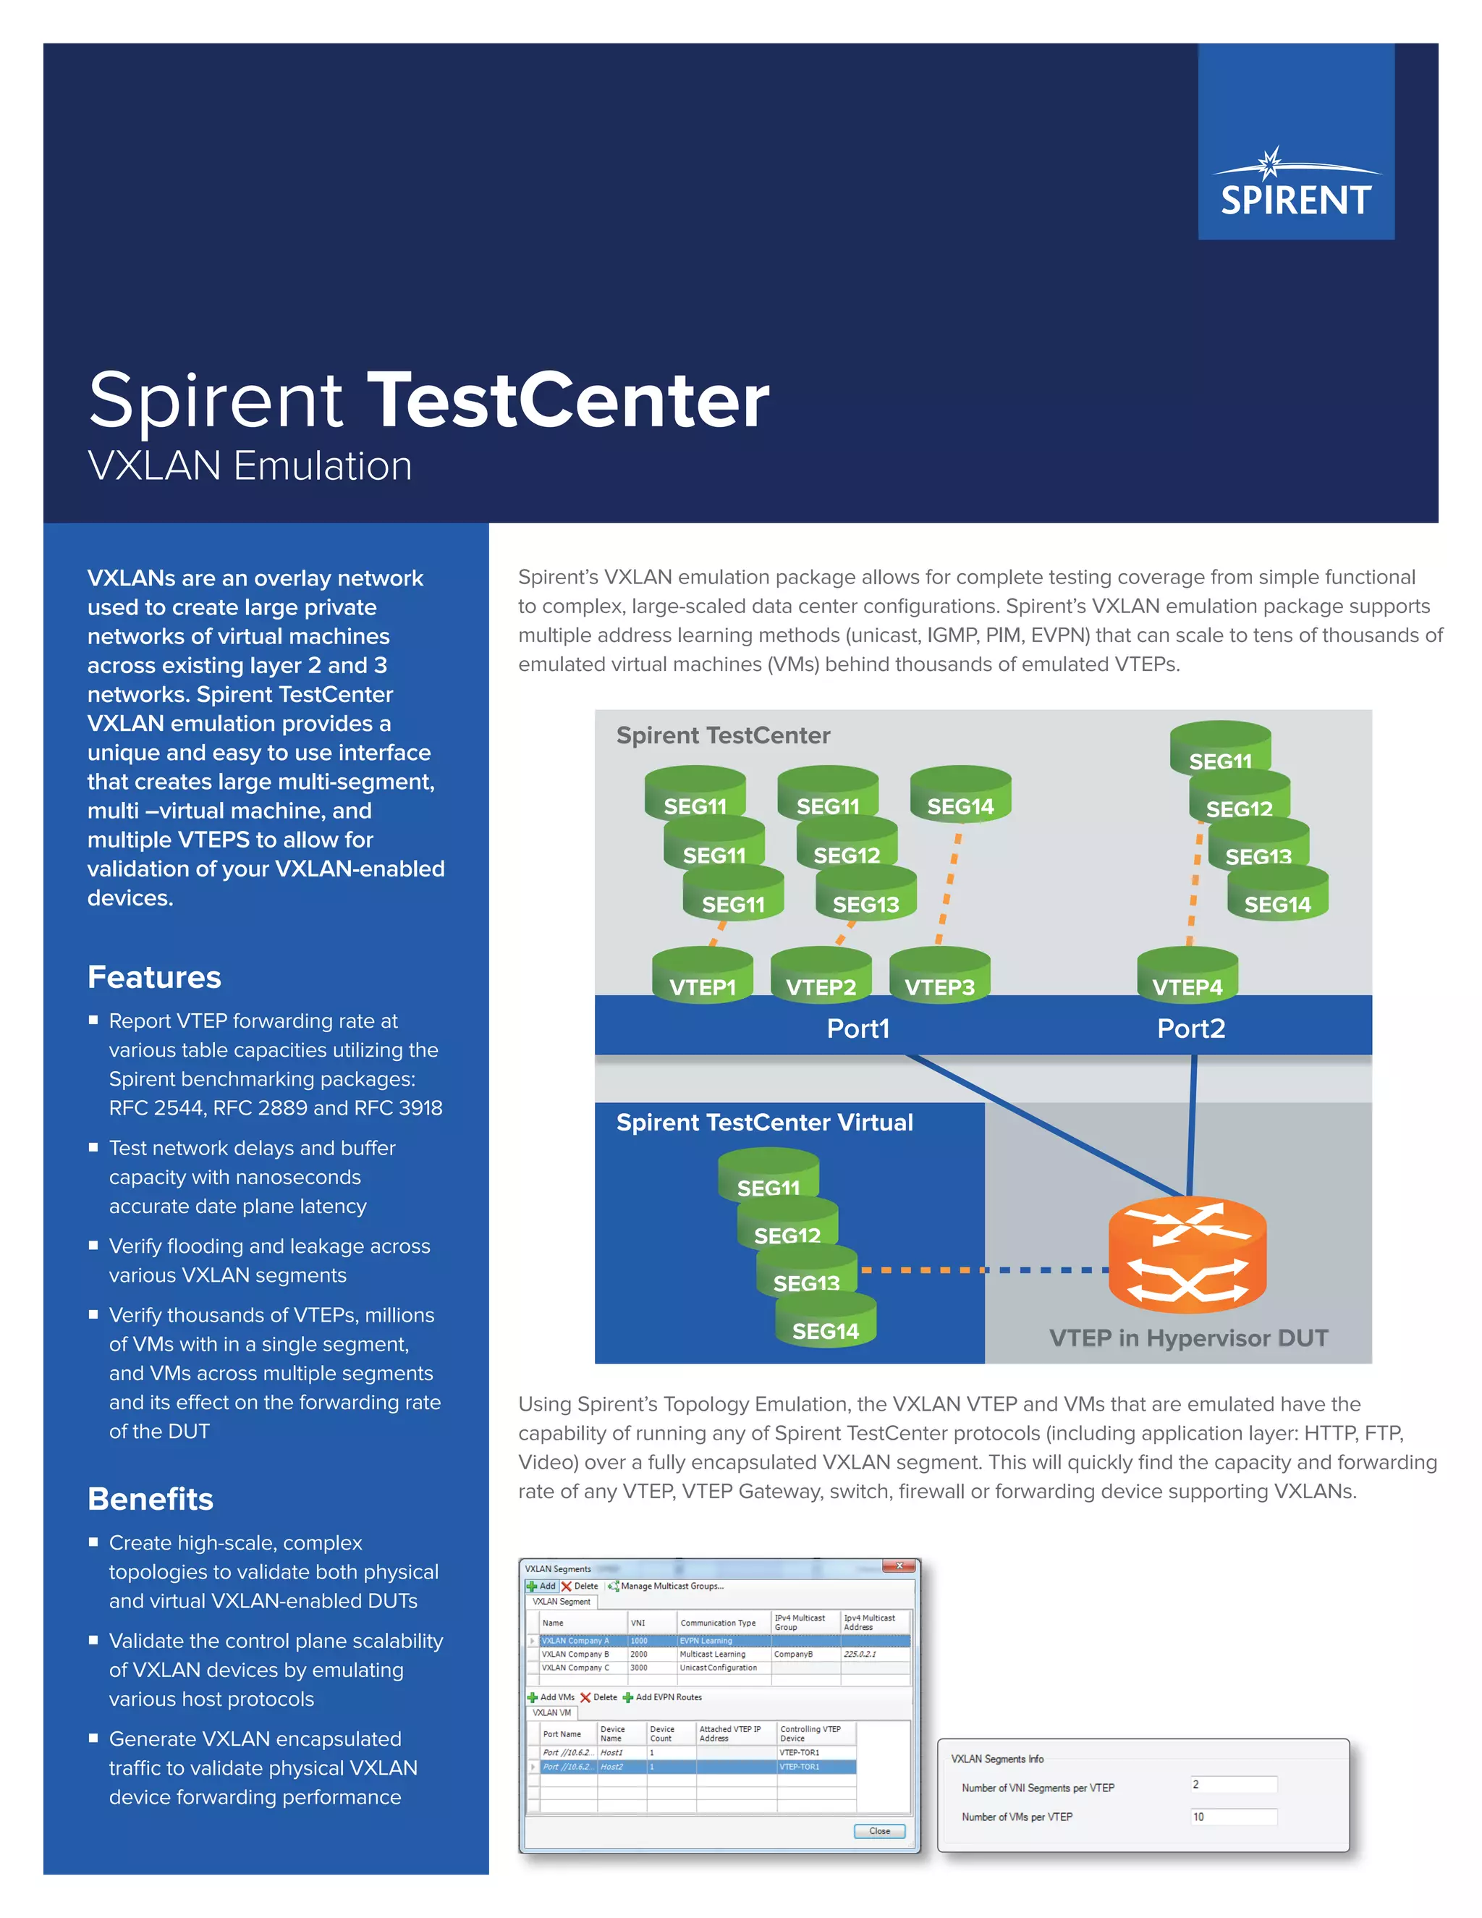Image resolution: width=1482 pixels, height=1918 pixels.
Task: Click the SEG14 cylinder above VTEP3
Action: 960,798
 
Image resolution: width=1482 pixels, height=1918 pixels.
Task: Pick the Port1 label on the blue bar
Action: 858,1028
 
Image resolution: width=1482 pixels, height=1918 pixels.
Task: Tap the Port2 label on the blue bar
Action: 1190,1028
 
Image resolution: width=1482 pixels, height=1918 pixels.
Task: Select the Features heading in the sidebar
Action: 155,977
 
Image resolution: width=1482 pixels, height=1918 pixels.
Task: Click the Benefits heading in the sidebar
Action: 150,1499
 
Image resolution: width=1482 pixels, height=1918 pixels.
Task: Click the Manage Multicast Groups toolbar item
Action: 671,1586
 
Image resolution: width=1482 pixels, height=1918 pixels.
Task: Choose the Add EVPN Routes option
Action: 667,1697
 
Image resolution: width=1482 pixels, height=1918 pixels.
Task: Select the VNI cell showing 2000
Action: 639,1655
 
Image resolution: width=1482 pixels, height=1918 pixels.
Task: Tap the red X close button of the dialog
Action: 899,1566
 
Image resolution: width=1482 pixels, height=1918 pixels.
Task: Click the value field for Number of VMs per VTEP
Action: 1232,1817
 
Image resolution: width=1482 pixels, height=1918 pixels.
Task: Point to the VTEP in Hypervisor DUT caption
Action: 1188,1338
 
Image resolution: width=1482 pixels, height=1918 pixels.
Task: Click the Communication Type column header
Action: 717,1623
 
